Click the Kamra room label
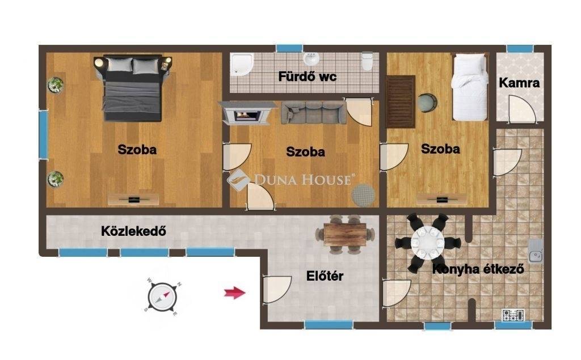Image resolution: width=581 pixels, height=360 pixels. click(x=519, y=83)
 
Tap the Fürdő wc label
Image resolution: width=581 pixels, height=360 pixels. click(x=307, y=77)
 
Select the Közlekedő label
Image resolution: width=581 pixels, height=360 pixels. click(x=133, y=231)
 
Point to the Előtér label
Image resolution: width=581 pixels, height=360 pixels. click(x=325, y=276)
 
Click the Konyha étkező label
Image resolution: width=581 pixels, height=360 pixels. click(x=478, y=269)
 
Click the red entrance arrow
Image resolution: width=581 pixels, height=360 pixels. click(x=234, y=293)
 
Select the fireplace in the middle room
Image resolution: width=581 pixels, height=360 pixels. click(x=247, y=113)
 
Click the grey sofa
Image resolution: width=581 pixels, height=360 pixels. click(x=313, y=113)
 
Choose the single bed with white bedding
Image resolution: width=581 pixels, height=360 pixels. click(x=469, y=87)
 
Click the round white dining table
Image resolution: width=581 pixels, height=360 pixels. click(x=427, y=243)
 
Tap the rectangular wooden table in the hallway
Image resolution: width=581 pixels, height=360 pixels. click(x=345, y=234)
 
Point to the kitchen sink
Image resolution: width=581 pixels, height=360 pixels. click(x=536, y=251)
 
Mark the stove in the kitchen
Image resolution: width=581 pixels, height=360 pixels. click(x=513, y=315)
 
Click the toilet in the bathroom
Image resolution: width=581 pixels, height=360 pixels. click(x=367, y=61)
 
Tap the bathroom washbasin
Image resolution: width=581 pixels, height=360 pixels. click(x=311, y=58)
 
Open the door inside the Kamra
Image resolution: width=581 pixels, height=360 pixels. click(x=522, y=108)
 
